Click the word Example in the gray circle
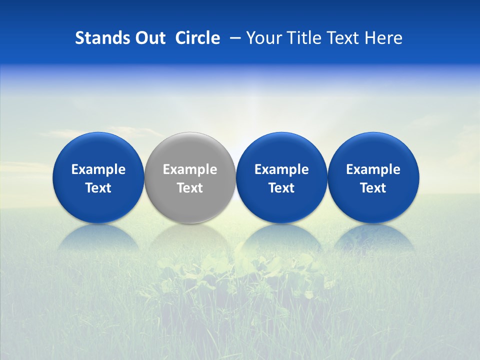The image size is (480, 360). pyautogui.click(x=190, y=169)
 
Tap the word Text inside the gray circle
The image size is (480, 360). pyautogui.click(x=190, y=188)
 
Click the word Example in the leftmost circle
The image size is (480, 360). pyautogui.click(x=98, y=169)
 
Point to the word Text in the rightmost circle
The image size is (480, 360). pyautogui.click(x=373, y=188)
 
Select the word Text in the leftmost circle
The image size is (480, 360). pyautogui.click(x=98, y=188)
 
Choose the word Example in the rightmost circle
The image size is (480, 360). pyautogui.click(x=373, y=169)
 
